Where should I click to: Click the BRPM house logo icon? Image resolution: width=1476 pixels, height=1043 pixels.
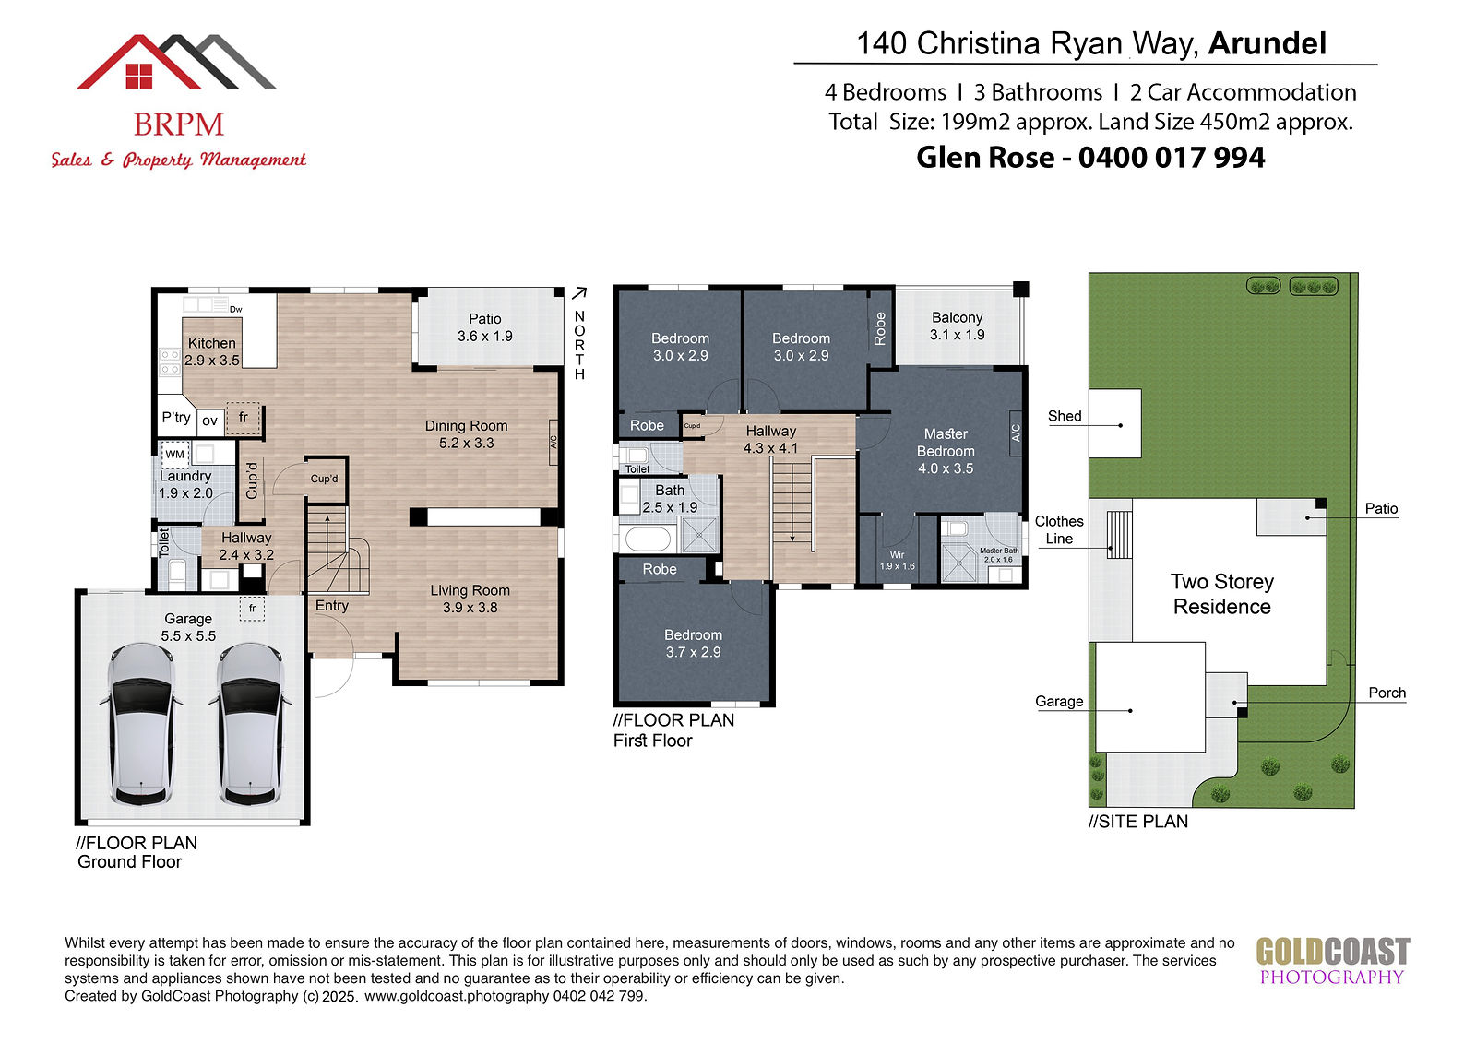click(x=176, y=61)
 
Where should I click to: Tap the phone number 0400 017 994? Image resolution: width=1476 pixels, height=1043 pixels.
click(x=1172, y=158)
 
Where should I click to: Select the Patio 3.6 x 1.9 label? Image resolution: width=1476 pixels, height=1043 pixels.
click(x=485, y=327)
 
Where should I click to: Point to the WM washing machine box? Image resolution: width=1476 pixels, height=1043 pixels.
click(x=175, y=454)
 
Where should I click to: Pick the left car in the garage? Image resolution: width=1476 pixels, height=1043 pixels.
click(x=142, y=724)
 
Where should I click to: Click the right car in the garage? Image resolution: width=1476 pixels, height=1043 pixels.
click(x=250, y=724)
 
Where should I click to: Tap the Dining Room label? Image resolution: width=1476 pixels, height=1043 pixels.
click(x=467, y=434)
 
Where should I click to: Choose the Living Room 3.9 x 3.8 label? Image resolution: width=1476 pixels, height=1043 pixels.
click(x=470, y=599)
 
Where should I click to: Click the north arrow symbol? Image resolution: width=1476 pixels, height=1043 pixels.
click(x=579, y=293)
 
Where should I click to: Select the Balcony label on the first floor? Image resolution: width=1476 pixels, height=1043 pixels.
click(x=958, y=326)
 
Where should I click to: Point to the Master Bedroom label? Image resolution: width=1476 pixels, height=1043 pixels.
click(x=946, y=451)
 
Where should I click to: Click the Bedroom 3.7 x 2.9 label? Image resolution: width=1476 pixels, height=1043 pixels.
click(x=693, y=643)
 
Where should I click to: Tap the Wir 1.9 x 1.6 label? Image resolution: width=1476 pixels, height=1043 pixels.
click(x=898, y=561)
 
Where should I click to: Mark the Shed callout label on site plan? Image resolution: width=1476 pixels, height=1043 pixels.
click(x=1065, y=416)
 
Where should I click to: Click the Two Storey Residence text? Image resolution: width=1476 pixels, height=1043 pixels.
click(x=1222, y=594)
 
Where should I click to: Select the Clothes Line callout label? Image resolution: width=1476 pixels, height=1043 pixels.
click(x=1059, y=529)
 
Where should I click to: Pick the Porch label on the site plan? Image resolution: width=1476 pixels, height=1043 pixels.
click(x=1387, y=693)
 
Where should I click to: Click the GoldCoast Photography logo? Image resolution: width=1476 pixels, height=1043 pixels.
click(x=1332, y=961)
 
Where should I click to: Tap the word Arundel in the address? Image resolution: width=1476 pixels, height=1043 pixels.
click(x=1268, y=43)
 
